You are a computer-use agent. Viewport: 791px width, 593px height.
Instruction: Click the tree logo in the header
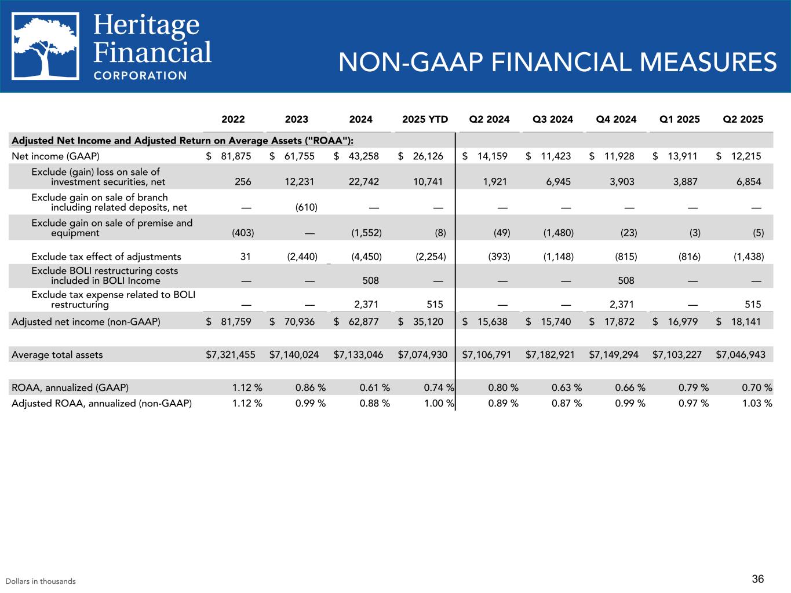pos(46,46)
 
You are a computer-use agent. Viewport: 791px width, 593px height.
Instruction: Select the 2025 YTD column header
pos(425,120)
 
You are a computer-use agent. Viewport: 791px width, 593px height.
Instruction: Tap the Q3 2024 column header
pos(552,120)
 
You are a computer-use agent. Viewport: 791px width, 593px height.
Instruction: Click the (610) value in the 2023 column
pos(307,207)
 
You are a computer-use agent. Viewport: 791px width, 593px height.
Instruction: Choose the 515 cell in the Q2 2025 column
pos(752,305)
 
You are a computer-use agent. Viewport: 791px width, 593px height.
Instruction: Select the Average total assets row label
pos(57,354)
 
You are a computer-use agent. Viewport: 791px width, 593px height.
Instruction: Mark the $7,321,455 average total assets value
pos(231,354)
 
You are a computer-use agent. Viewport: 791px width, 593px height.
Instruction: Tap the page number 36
pos(758,579)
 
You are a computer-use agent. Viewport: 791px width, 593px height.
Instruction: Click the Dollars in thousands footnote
pos(41,581)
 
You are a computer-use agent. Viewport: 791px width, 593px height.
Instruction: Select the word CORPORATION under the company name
pos(140,75)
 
